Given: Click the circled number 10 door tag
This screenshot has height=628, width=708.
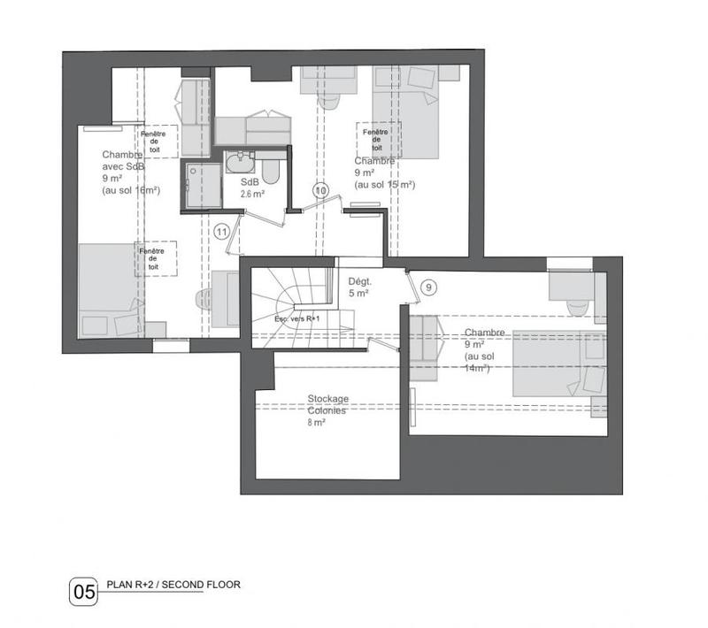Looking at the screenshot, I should (320, 190).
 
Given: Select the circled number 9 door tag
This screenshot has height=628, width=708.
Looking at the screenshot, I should (428, 287).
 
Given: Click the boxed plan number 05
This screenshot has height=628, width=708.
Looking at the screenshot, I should (82, 591).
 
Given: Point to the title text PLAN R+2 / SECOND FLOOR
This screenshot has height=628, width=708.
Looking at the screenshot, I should (173, 585).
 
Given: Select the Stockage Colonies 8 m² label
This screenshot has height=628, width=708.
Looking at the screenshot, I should (328, 411).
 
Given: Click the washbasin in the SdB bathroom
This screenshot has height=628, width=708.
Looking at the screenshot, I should (240, 165).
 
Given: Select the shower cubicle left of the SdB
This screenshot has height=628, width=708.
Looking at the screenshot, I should (202, 185).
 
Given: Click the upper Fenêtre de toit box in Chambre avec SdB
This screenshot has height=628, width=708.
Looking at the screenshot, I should (156, 141).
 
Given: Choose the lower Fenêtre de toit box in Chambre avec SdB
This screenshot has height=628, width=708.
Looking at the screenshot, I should (156, 258).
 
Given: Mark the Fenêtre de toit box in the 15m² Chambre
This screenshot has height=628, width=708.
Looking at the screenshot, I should (377, 139).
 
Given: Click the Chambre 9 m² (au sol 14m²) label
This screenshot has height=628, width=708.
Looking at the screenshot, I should (485, 349).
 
